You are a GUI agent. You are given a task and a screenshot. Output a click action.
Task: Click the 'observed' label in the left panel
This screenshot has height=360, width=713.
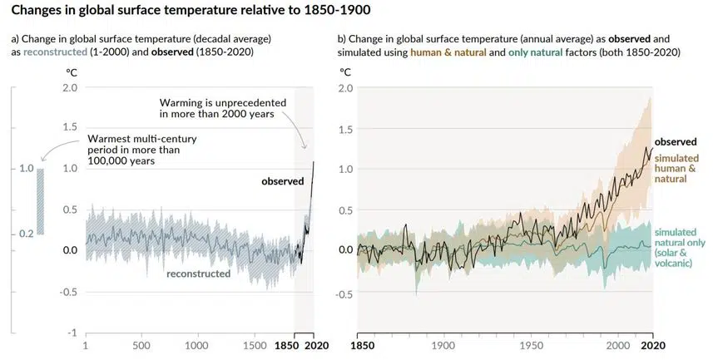pyautogui.click(x=283, y=180)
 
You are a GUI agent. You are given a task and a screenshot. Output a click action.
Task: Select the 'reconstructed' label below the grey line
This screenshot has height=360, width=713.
pyautogui.click(x=198, y=273)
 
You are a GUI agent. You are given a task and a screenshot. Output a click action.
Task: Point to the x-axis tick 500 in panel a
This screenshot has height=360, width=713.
pyautogui.click(x=141, y=346)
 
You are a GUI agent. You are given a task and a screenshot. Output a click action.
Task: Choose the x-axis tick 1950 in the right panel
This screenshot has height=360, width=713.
pyautogui.click(x=530, y=346)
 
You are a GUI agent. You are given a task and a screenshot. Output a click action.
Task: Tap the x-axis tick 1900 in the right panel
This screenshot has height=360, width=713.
pyautogui.click(x=443, y=346)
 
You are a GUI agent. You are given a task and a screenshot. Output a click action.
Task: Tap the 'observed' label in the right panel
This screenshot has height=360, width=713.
pyautogui.click(x=675, y=141)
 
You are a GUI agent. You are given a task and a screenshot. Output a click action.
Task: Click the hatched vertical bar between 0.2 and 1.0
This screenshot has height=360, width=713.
pyautogui.click(x=41, y=202)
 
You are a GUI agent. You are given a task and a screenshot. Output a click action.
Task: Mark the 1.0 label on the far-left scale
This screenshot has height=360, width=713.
pyautogui.click(x=25, y=169)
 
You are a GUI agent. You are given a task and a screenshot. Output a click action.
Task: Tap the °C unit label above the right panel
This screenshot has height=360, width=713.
pyautogui.click(x=344, y=71)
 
